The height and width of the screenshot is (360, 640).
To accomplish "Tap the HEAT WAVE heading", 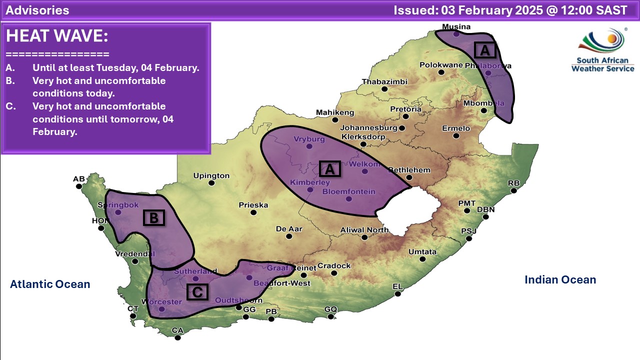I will [x=57, y=36].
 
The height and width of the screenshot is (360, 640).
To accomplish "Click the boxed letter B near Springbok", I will [x=154, y=218].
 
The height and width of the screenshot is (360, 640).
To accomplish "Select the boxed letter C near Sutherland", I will [x=197, y=292].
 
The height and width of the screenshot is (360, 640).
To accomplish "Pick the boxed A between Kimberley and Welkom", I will [x=329, y=169].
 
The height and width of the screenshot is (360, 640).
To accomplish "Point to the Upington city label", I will [x=211, y=175].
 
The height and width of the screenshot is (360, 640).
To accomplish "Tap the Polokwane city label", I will [x=441, y=65].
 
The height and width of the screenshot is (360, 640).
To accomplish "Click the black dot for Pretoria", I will [x=406, y=116].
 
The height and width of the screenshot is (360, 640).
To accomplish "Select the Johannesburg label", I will [x=369, y=127].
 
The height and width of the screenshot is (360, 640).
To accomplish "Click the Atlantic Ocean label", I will [x=50, y=284].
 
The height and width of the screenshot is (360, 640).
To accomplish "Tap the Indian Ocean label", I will [x=560, y=280].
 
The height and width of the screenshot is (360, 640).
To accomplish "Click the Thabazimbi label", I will [x=384, y=81].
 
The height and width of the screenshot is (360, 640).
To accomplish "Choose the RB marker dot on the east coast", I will [x=513, y=190].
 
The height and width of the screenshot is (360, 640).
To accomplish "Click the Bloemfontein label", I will [x=348, y=191].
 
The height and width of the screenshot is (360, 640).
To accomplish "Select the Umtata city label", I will [x=422, y=251].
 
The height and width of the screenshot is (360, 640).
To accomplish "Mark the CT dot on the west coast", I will [x=133, y=315].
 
